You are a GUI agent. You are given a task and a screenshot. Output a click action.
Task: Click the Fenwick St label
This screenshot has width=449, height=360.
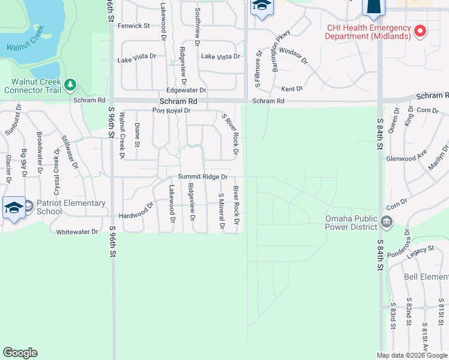pos(133,26)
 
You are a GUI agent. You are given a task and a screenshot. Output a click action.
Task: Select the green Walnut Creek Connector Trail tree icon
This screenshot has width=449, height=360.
pos(71,83)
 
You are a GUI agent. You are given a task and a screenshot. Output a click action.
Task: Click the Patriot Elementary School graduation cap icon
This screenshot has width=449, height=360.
pos(14,208)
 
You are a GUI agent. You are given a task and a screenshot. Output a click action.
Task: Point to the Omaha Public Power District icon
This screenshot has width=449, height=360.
pos(387,223)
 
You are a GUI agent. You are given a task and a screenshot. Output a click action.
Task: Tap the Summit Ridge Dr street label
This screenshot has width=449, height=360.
pos(202,177)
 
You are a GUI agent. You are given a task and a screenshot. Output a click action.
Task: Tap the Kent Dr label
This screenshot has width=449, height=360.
pos(292,89)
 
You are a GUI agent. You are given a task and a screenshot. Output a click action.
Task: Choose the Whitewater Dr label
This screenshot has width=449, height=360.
pos(77,232)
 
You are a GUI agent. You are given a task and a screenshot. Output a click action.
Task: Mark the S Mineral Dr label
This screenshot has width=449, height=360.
pos(221,211)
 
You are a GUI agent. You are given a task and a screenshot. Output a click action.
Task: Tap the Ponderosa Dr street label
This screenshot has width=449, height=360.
pos(399,244)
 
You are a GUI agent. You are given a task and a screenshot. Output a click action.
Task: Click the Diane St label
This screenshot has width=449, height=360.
pos(137,134)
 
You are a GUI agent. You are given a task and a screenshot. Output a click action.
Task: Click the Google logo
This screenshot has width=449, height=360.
pos(20,353)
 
